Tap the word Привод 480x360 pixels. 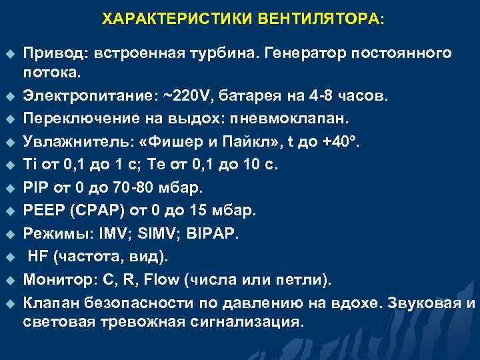coord(55,53)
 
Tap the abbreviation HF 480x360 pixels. coord(39,257)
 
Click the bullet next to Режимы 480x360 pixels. coord(10,235)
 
